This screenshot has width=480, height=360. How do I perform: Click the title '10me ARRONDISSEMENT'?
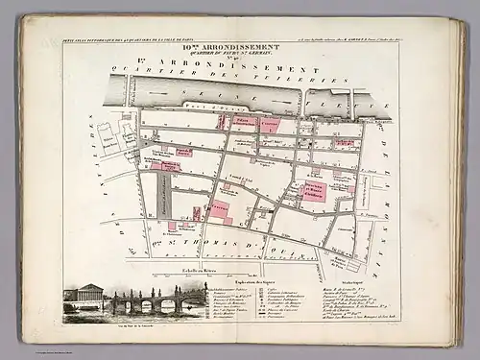(239, 44)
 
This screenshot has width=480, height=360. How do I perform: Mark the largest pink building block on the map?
(315, 189)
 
